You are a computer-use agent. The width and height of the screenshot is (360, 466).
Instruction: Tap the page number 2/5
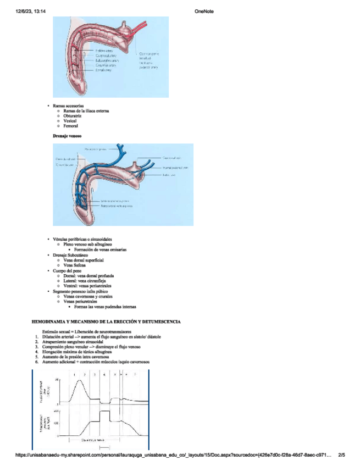341,455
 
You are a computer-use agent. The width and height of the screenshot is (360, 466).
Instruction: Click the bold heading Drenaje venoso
67,135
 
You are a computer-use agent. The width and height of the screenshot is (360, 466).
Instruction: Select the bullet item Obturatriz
74,116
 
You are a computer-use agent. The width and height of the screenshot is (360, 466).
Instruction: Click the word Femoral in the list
71,126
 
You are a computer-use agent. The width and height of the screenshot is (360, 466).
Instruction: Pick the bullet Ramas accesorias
69,106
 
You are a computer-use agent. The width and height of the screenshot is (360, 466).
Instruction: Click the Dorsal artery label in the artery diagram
104,70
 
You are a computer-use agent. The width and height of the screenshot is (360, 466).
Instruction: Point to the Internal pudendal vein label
175,168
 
